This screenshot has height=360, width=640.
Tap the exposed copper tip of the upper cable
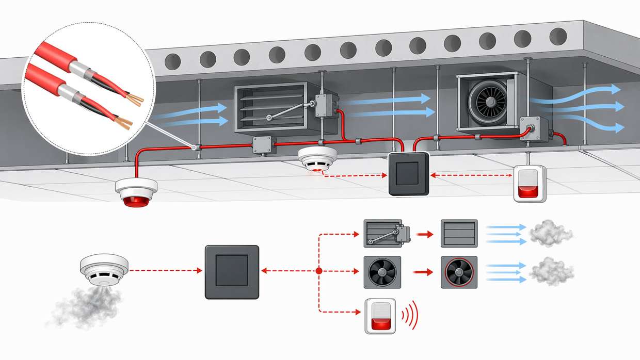(136, 99)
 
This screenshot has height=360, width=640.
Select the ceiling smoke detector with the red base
(136, 191)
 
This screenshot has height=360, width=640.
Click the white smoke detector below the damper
(317, 158)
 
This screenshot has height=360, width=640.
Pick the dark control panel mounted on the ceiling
(408, 174)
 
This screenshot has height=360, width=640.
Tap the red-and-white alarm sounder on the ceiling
(529, 184)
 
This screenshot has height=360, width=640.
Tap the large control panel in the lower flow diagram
(231, 272)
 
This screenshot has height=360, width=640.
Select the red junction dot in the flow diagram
(318, 271)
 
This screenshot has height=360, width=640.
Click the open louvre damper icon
(459, 234)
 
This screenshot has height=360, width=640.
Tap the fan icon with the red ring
(459, 272)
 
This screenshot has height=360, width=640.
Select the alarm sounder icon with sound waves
(380, 315)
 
